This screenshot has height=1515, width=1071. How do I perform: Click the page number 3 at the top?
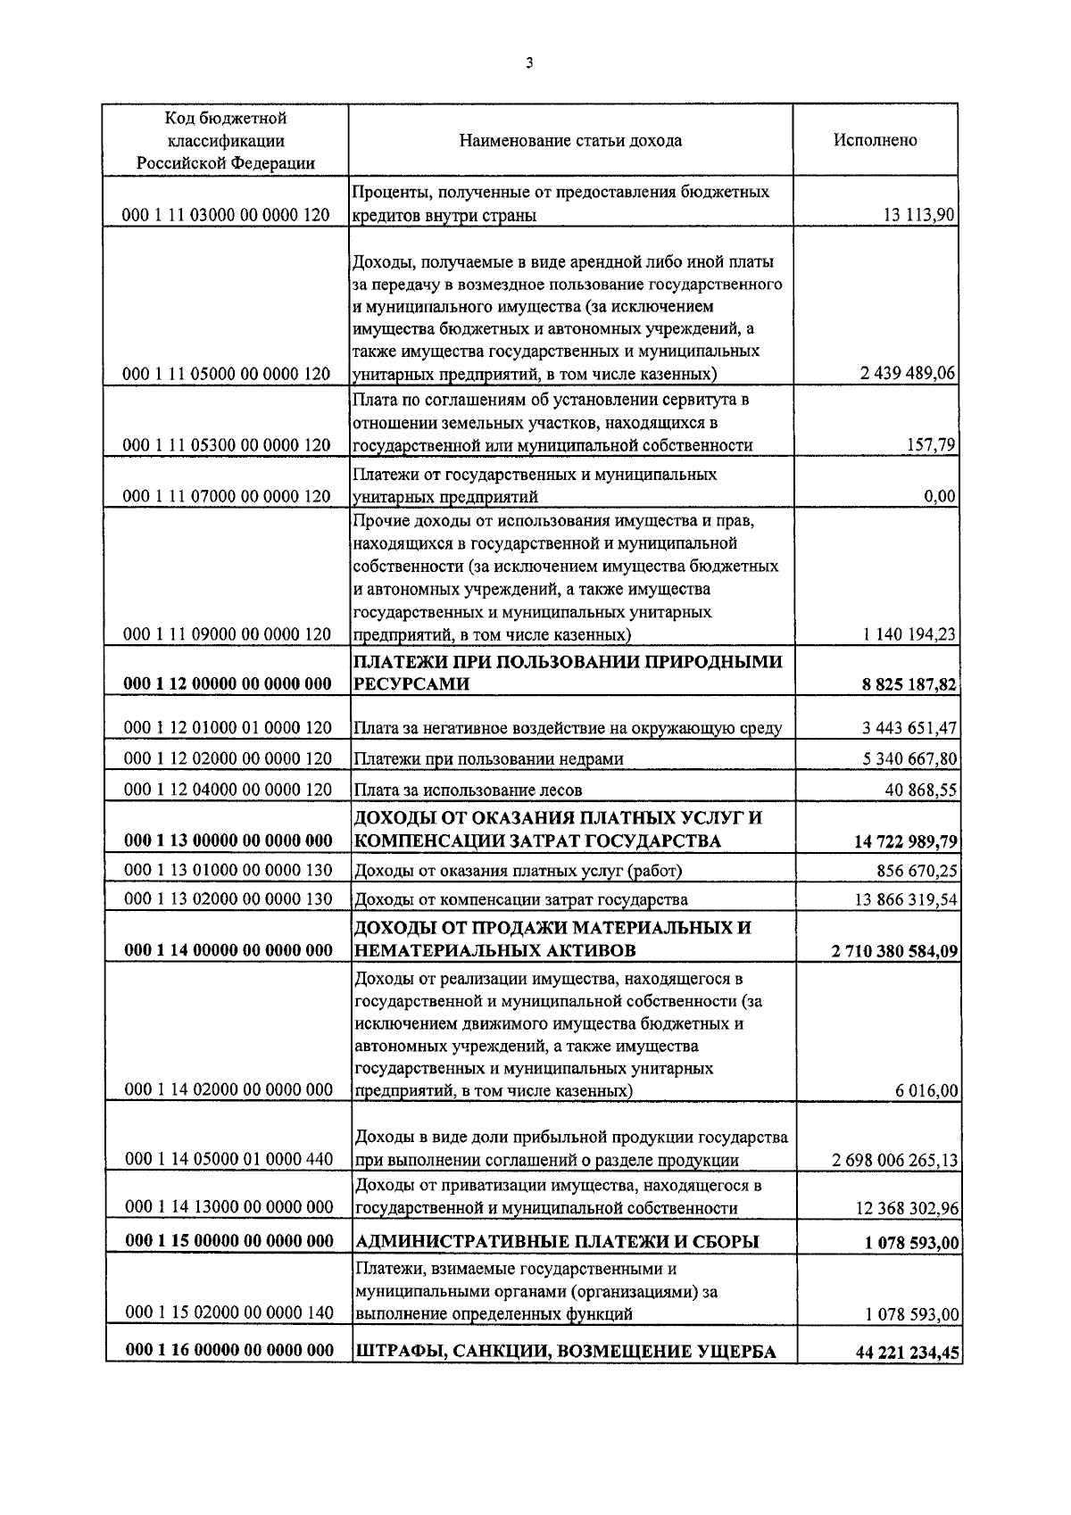coord(530,62)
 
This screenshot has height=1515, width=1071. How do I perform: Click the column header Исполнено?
coord(875,140)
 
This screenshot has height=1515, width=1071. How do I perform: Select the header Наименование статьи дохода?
coord(570,140)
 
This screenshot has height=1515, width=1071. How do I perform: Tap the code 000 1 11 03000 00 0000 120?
coord(227,215)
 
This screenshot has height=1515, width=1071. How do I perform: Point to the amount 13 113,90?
coord(920,215)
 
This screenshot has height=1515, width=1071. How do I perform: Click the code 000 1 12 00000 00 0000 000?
coord(227,684)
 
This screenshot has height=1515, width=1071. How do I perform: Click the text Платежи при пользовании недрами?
coord(488,759)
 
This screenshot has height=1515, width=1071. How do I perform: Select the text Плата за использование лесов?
coord(468,790)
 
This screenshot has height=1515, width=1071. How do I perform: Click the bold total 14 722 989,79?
coord(903,841)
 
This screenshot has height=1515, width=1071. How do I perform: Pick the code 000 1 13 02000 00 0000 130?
coord(227,899)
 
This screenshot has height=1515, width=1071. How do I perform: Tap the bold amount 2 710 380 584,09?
coord(894,951)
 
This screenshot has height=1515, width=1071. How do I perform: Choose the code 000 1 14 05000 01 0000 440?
coord(227,1160)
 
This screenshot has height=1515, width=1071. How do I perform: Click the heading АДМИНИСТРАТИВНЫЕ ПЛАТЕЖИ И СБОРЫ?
coord(557,1242)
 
